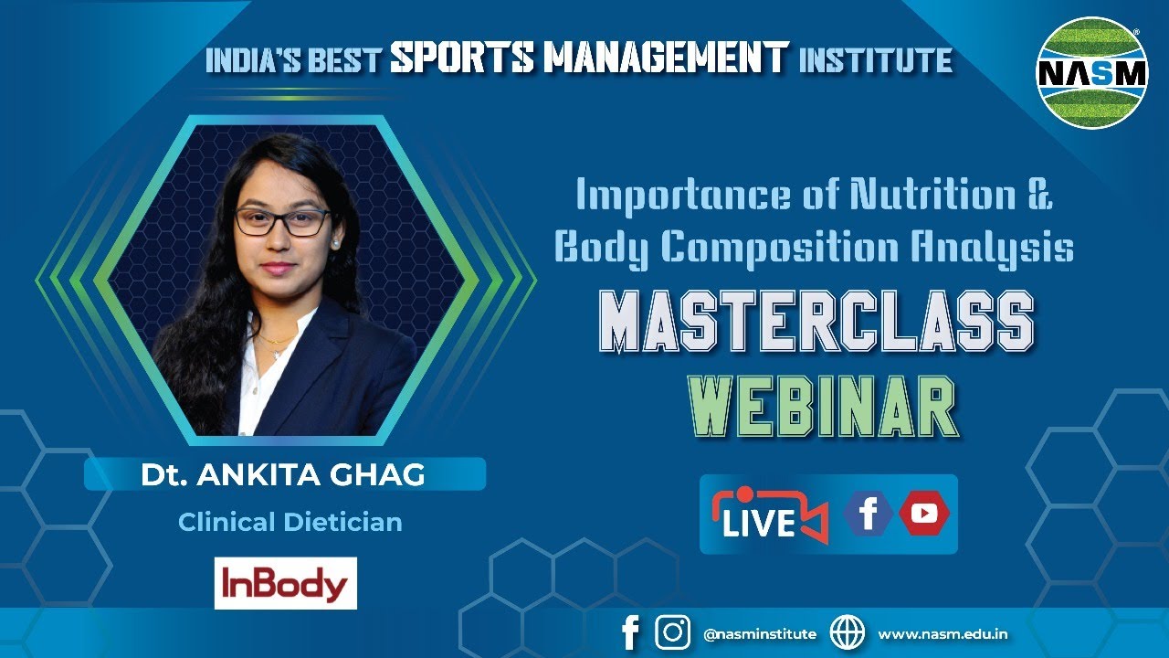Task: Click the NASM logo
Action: tap(1092, 72)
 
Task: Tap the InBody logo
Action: tap(286, 583)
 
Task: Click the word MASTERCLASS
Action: tap(816, 321)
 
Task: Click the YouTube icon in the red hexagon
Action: tap(923, 514)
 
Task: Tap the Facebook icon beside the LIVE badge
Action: tap(868, 514)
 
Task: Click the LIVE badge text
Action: tap(759, 523)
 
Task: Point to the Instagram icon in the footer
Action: tap(673, 631)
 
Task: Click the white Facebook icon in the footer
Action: tap(630, 632)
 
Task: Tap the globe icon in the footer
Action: tap(847, 632)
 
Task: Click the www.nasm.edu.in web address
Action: tap(943, 634)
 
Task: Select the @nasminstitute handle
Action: tap(760, 634)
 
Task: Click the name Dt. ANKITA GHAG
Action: tap(282, 475)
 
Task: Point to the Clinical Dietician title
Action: tap(290, 522)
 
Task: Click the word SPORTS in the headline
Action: tap(462, 57)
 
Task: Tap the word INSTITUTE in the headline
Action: tap(876, 60)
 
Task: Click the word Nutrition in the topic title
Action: tap(933, 196)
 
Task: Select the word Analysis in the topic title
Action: tap(993, 249)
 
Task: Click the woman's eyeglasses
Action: tap(282, 221)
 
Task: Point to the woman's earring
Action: tap(334, 243)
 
